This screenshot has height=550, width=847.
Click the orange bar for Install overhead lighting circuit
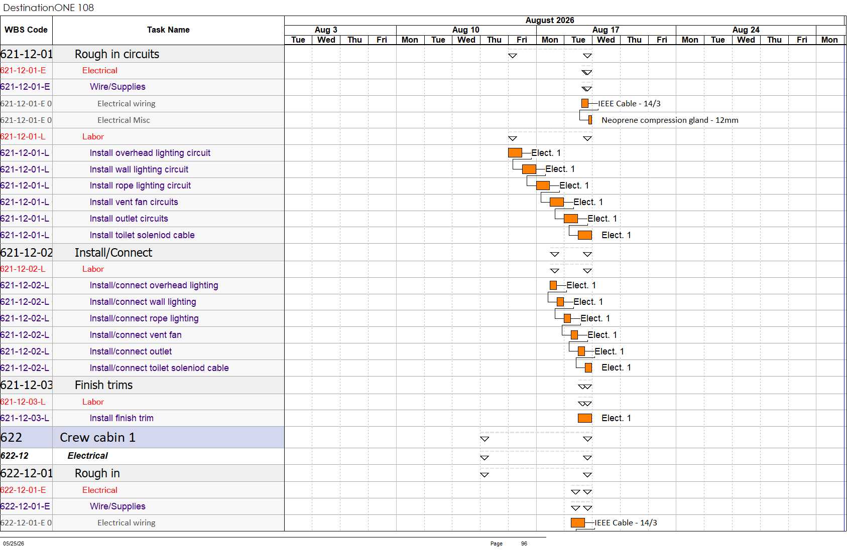[x=515, y=152]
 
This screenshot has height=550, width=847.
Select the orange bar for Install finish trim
[x=585, y=418]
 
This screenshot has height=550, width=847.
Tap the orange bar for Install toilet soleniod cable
[x=585, y=235]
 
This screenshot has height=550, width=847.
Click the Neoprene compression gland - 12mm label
[x=670, y=120]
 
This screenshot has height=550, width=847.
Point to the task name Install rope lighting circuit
[x=140, y=186]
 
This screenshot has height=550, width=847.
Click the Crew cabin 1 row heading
[x=97, y=437]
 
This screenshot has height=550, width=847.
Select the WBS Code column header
[x=26, y=30]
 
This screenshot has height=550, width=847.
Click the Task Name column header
[x=168, y=30]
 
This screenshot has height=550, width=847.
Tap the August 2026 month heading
[x=550, y=21]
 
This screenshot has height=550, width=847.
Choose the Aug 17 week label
[x=606, y=30]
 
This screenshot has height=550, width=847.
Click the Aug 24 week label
[x=746, y=30]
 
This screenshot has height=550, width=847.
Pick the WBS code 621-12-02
[x=27, y=252]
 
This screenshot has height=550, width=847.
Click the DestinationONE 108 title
[x=48, y=8]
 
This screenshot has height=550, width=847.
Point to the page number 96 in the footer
[x=524, y=543]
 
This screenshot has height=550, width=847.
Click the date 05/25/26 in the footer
[x=14, y=543]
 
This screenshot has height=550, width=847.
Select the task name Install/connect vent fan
[x=136, y=335]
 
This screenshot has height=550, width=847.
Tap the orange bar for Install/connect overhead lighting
[x=553, y=285]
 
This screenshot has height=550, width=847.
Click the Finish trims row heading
[x=103, y=385]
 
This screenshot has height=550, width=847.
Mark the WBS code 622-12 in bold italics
[x=15, y=456]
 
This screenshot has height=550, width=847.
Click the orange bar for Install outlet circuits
[x=571, y=219]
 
